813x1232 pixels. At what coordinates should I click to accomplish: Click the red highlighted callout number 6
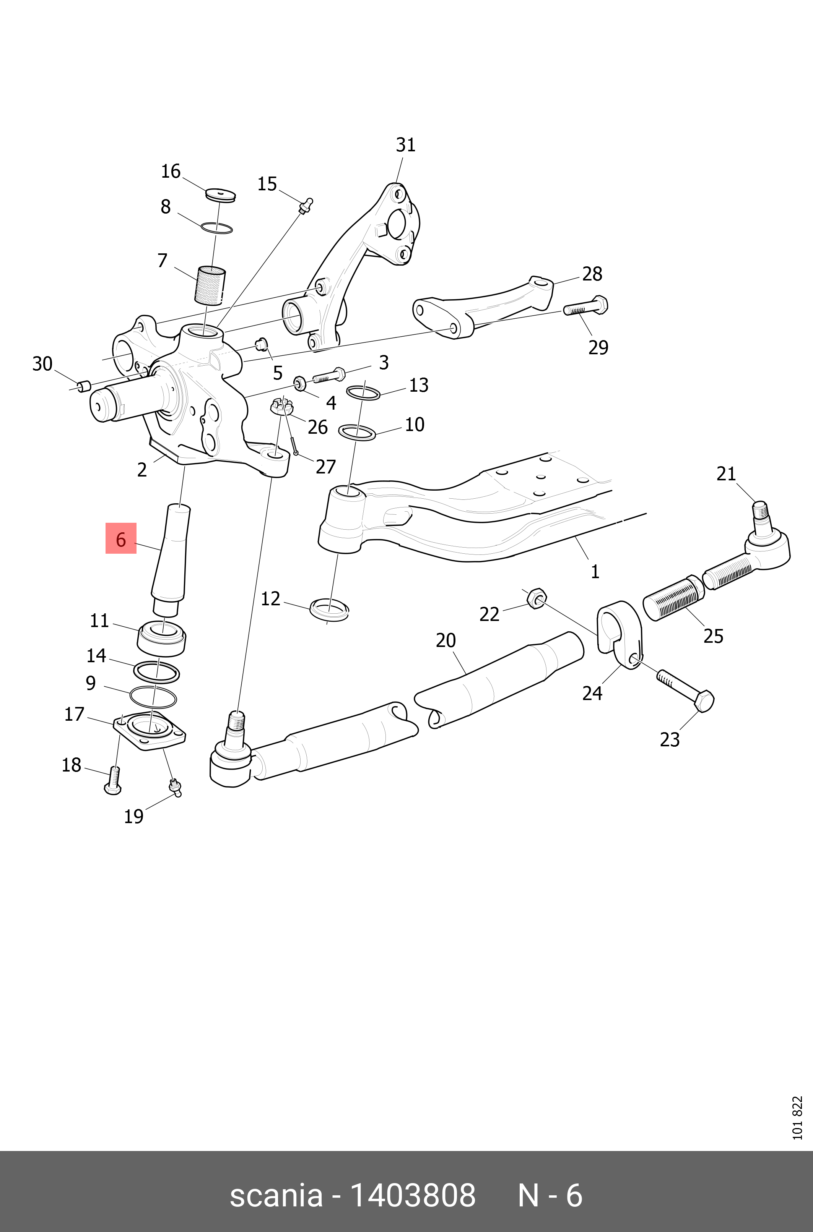(121, 539)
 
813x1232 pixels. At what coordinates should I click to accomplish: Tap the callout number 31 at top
(405, 145)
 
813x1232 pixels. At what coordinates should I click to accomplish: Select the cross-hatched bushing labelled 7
(210, 285)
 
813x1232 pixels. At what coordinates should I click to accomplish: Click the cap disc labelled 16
(220, 195)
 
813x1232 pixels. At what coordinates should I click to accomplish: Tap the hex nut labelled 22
(536, 598)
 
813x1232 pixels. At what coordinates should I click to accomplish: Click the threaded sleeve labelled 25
(673, 598)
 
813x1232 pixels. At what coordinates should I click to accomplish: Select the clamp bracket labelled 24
(620, 635)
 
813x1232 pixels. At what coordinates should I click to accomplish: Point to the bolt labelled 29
(585, 307)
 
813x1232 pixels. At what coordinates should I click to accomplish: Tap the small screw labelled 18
(114, 781)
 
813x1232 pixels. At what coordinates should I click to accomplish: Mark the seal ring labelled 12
(329, 609)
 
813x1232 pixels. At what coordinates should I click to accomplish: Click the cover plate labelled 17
(149, 731)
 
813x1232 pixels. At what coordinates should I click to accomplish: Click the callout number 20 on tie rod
(446, 640)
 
